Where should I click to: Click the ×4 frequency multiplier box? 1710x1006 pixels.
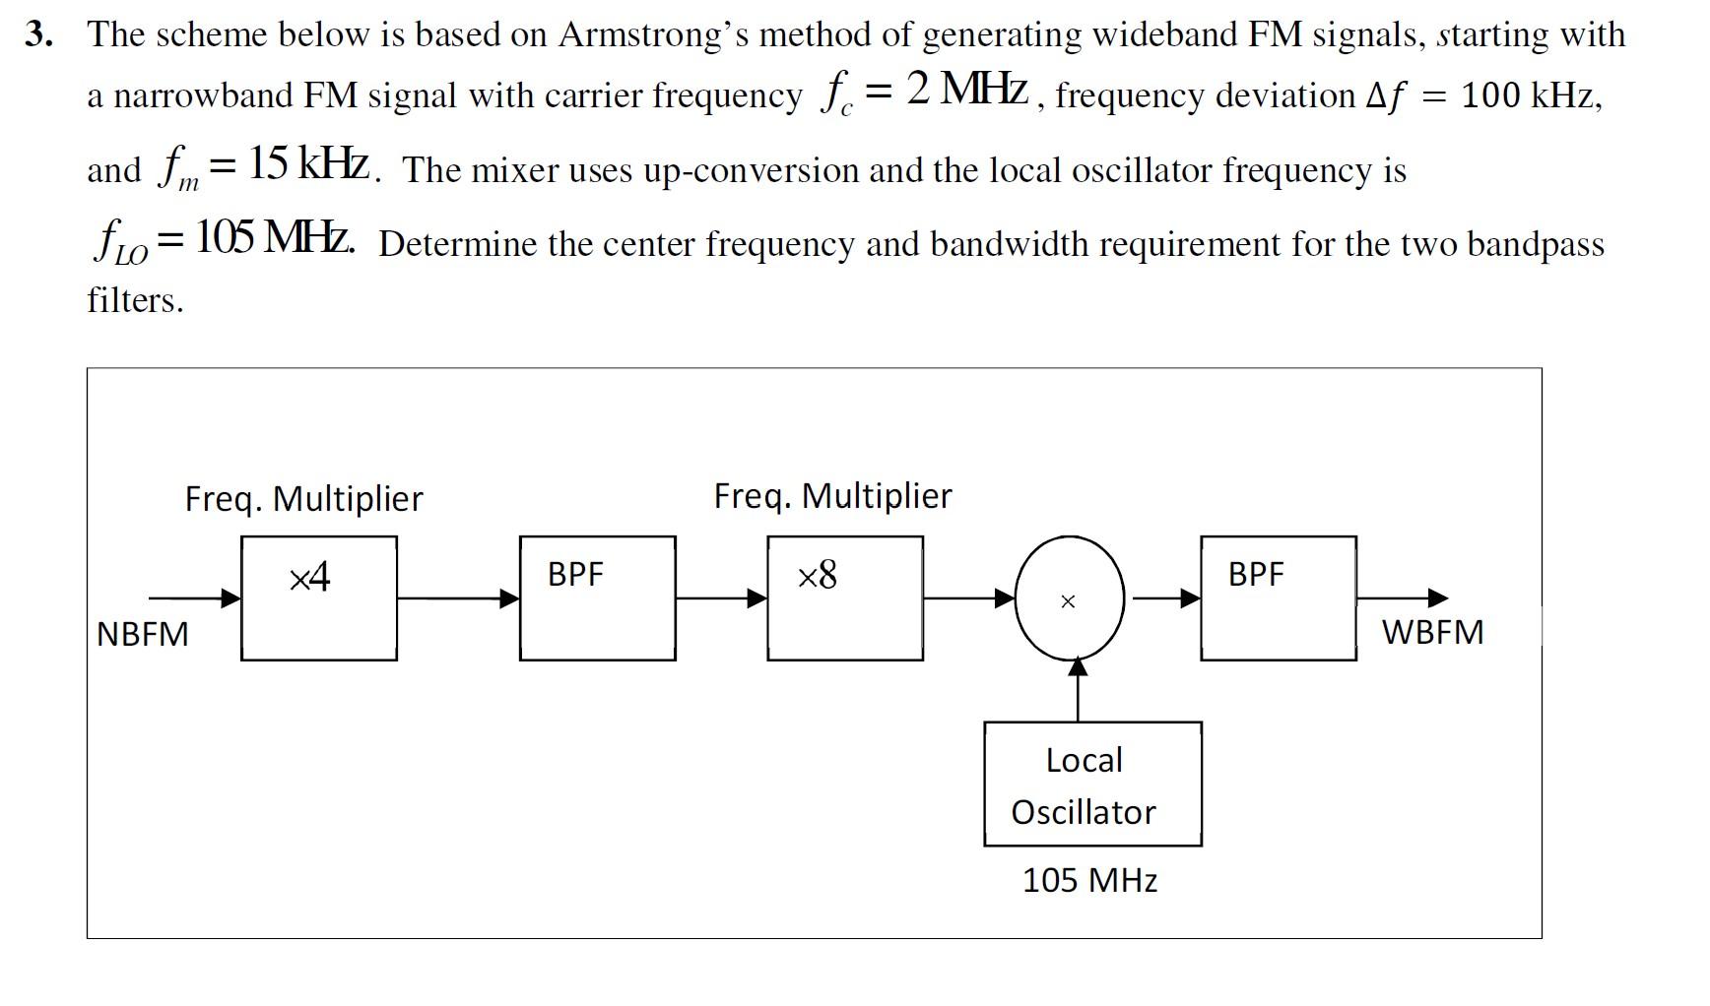(318, 597)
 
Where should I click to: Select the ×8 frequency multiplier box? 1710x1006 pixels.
(844, 597)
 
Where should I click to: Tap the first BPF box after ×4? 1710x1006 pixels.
(597, 597)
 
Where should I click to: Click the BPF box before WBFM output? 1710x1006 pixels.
(1278, 597)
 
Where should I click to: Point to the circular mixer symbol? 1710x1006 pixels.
(1069, 598)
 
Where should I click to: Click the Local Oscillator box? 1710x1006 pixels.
(1091, 785)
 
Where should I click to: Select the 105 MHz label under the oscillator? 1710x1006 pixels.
(1089, 880)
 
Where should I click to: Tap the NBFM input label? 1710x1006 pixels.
(143, 633)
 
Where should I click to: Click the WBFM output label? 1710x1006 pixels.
(1432, 632)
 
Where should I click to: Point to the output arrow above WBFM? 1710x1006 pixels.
(1402, 597)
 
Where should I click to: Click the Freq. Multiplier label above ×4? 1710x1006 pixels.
(303, 498)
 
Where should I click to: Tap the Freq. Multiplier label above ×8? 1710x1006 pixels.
(832, 495)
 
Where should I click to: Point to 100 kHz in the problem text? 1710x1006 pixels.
(1531, 95)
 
